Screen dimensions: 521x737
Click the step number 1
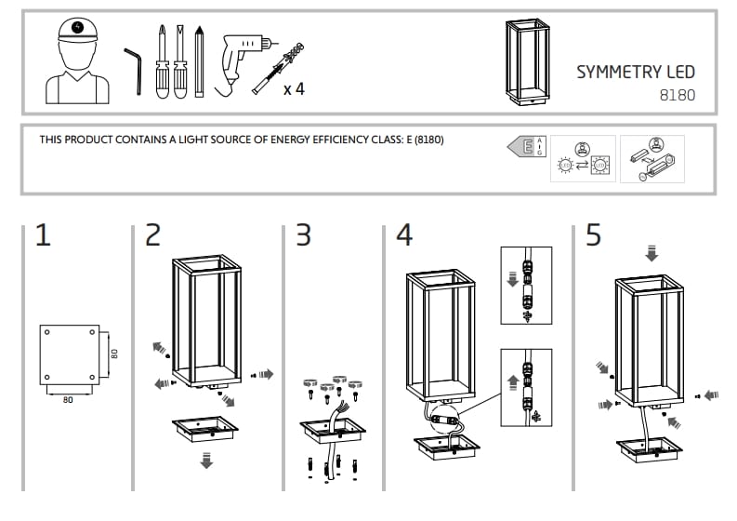[42, 235]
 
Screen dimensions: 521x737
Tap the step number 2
[152, 235]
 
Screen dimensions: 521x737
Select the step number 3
[303, 235]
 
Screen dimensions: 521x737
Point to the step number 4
[403, 235]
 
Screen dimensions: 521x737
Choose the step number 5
[593, 235]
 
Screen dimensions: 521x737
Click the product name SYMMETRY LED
[635, 73]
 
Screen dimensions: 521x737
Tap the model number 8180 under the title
[677, 94]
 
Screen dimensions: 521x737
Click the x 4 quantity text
[294, 89]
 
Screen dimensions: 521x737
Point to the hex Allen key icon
[133, 70]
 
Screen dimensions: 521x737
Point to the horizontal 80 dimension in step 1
[68, 400]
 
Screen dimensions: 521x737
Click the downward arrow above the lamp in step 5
[651, 253]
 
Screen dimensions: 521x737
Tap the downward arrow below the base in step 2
[205, 461]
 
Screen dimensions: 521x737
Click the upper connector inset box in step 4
[525, 286]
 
